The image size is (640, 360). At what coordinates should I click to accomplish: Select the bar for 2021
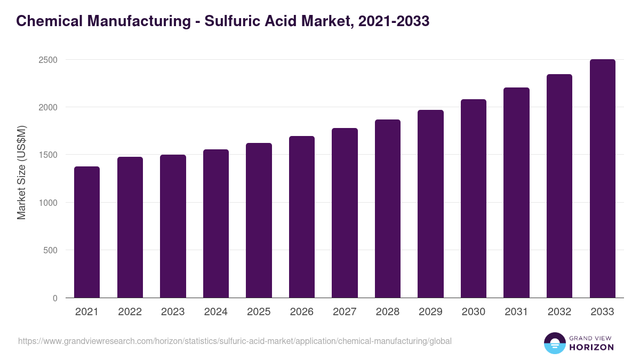click(x=87, y=232)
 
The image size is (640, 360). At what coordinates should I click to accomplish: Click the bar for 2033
click(x=602, y=179)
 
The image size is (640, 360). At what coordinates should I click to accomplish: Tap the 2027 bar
click(x=345, y=213)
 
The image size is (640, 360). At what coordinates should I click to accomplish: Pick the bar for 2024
click(x=216, y=223)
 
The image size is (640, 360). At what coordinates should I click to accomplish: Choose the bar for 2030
click(x=474, y=198)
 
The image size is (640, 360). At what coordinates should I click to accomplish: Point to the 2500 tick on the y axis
click(x=47, y=60)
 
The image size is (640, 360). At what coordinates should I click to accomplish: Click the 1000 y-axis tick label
click(x=47, y=203)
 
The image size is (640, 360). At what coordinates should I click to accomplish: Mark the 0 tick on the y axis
click(x=55, y=298)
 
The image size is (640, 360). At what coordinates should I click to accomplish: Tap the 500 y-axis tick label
click(x=50, y=250)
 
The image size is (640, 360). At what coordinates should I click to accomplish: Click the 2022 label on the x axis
click(x=130, y=312)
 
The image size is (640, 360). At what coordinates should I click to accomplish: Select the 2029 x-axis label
click(x=430, y=312)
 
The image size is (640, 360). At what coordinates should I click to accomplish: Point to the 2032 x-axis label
click(x=559, y=312)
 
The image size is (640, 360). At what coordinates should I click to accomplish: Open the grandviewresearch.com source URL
click(x=235, y=341)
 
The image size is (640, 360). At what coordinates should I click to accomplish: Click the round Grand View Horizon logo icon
click(x=555, y=343)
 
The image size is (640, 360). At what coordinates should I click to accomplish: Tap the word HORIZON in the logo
click(x=591, y=347)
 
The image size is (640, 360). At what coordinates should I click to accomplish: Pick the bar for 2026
click(x=302, y=217)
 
